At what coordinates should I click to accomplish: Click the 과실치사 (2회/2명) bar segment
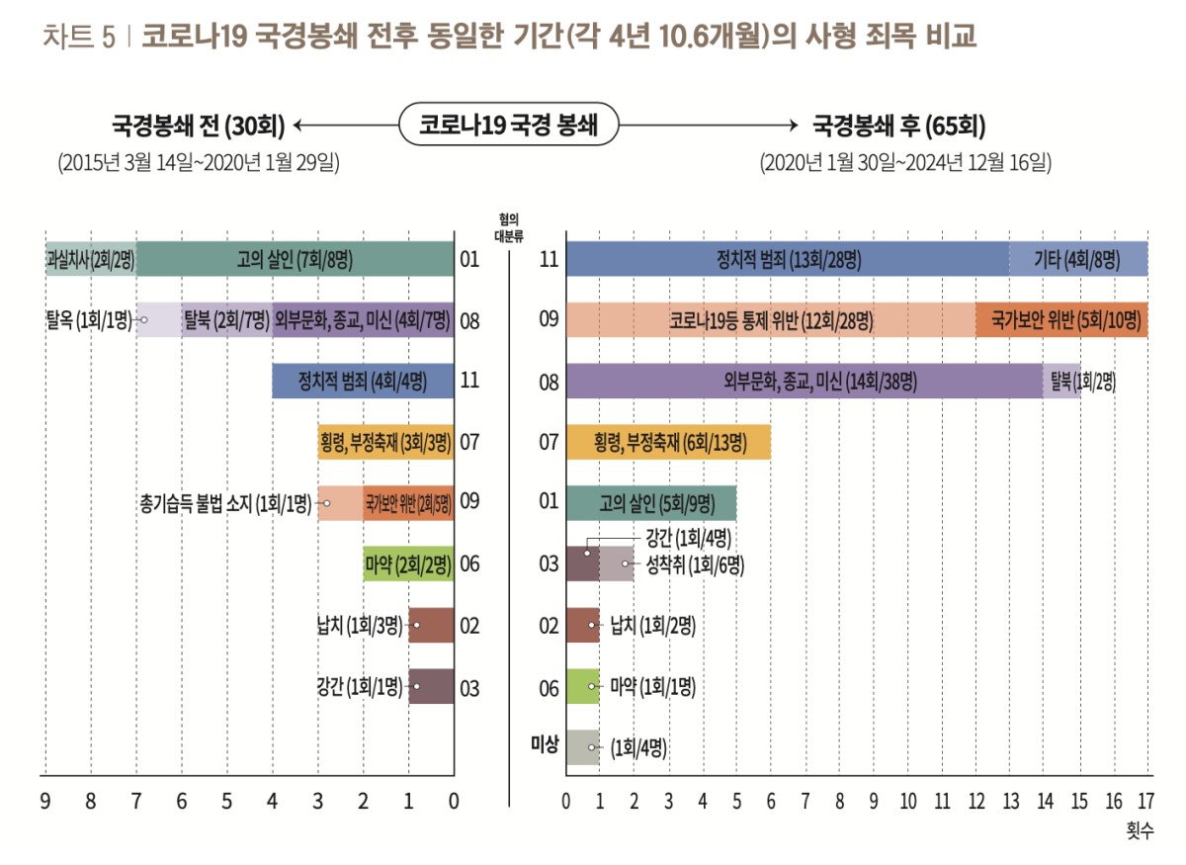tap(91, 260)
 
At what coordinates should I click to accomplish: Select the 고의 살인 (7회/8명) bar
tap(295, 260)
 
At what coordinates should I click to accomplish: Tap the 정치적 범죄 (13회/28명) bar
tap(787, 260)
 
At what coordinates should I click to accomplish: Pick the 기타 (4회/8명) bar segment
tap(1078, 260)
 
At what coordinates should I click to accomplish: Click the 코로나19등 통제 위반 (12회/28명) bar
tap(770, 320)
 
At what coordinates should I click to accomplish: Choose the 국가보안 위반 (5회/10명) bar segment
tap(1061, 320)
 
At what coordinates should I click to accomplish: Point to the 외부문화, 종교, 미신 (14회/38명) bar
tap(804, 382)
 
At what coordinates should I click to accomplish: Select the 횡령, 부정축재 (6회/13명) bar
tap(668, 442)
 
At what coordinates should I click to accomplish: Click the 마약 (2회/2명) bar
tap(408, 564)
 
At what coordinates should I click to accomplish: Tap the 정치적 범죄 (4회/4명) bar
tap(363, 382)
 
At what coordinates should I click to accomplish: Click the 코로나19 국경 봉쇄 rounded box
tap(508, 126)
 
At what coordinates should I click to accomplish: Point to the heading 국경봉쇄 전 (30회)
tap(198, 126)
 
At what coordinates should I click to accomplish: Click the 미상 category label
tap(545, 743)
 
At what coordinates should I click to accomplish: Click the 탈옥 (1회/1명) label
tap(87, 320)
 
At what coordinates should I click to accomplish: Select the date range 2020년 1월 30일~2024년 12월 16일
tap(904, 163)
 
